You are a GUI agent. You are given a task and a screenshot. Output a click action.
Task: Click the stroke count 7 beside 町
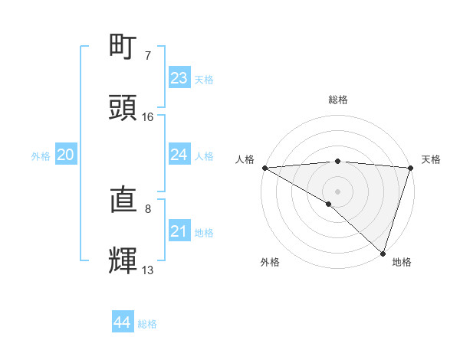click(148, 56)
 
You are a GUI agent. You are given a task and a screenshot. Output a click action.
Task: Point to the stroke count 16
click(148, 117)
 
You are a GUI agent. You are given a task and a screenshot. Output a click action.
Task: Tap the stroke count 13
click(148, 270)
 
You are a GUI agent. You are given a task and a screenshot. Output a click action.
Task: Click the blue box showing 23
click(179, 78)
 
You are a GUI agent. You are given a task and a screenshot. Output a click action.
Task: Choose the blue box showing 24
click(179, 155)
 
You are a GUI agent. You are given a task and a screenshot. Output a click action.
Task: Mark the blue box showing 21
click(179, 231)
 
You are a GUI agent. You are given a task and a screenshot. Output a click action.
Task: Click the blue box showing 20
click(66, 155)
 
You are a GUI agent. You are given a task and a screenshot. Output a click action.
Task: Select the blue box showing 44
click(123, 322)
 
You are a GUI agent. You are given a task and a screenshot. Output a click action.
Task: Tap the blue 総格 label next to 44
click(147, 324)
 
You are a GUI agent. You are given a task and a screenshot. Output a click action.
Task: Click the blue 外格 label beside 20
click(41, 156)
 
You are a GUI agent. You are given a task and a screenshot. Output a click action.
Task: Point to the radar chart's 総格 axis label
click(337, 100)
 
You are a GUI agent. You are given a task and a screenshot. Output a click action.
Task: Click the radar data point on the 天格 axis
click(410, 168)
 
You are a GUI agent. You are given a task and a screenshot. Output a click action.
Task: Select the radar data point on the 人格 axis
click(264, 168)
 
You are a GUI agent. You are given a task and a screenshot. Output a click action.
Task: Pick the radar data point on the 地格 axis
click(383, 253)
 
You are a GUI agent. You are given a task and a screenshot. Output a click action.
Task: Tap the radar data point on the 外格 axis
click(329, 204)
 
